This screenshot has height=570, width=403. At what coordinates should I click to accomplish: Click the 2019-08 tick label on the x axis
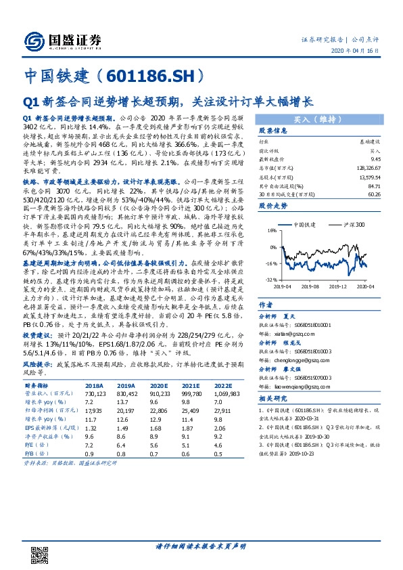311,286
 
